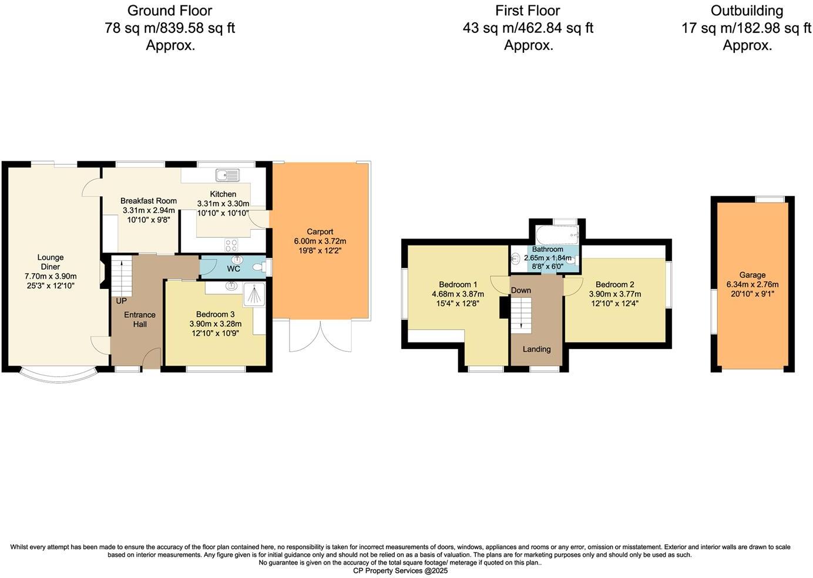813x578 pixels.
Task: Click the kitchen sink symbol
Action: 227,174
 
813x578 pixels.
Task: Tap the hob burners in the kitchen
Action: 231,244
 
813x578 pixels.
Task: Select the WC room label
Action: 233,269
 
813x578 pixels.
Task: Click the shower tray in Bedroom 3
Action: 254,294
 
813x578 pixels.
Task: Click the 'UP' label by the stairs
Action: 121,301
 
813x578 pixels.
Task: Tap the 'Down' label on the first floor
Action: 521,290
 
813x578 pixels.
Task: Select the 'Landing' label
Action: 536,349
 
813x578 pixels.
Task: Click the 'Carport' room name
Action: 320,231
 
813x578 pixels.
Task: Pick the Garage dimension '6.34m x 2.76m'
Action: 752,284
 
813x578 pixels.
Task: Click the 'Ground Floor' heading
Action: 170,11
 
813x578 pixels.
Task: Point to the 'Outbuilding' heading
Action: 746,11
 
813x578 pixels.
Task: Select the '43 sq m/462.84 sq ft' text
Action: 528,28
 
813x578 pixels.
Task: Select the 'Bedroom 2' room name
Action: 614,285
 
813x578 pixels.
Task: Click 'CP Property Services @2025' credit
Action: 400,570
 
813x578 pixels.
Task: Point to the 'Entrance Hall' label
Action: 140,320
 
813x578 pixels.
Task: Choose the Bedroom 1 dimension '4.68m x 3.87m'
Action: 458,294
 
